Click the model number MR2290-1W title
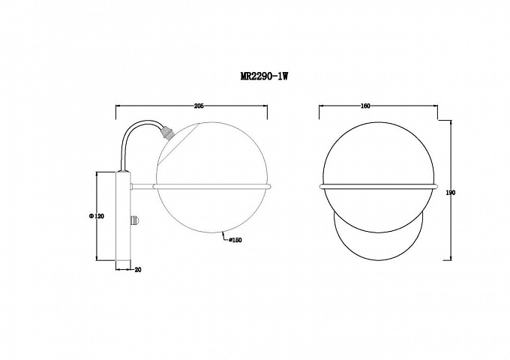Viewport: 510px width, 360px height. pos(264,76)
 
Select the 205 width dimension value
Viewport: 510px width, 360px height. pos(199,106)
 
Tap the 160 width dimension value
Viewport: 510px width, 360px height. pos(365,106)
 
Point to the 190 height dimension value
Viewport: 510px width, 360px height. pos(451,193)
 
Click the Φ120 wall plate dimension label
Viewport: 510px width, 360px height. pos(96,216)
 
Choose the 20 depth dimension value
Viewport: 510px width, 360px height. pos(138,269)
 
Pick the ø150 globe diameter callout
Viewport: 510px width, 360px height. pos(235,240)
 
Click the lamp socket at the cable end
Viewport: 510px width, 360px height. pos(166,133)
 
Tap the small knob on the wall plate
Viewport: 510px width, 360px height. pos(135,220)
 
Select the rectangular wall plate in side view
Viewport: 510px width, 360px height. pos(123,216)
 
